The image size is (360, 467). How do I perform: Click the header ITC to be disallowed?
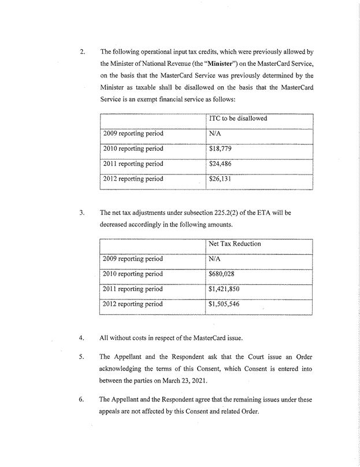coord(238,118)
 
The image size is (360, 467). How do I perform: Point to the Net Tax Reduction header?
coord(235,244)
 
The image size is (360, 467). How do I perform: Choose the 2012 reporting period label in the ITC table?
coord(133,179)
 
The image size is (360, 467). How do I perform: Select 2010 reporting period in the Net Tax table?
coord(133,274)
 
